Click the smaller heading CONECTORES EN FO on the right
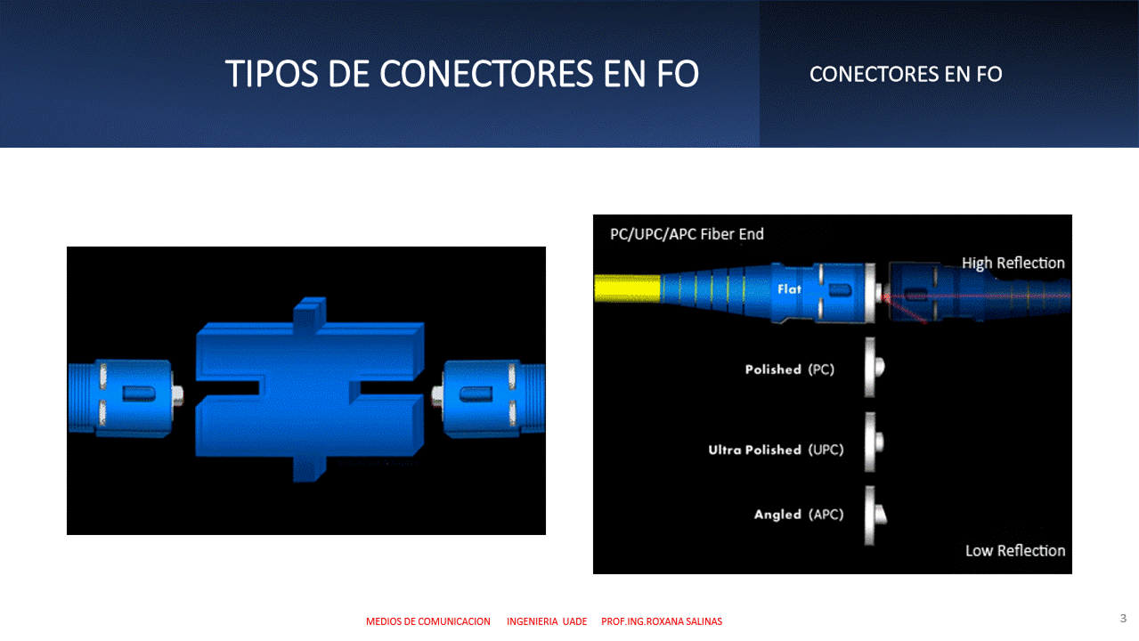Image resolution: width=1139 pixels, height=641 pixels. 906,74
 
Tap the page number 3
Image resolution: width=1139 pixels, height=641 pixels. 1123,618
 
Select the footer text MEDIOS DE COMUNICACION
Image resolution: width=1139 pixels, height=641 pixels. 428,621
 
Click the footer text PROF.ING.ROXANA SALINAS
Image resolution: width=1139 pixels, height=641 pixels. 662,621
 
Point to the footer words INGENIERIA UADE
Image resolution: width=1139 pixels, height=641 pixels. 547,621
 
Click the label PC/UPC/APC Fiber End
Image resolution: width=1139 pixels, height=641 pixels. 687,234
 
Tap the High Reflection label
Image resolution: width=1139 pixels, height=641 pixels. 1013,263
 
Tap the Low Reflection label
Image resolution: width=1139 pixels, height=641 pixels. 1015,550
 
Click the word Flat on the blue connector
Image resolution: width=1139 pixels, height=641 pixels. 789,289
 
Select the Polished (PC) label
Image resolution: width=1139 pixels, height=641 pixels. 790,369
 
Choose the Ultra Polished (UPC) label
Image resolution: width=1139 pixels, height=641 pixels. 776,450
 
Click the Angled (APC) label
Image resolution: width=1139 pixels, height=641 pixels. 799,515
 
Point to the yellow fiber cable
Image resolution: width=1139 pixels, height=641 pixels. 628,288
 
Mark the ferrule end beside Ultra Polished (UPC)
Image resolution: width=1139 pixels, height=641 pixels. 874,442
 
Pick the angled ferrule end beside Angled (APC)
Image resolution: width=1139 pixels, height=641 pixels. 875,515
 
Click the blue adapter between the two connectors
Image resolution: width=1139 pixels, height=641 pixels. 309,389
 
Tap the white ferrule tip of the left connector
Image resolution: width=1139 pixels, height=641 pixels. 178,394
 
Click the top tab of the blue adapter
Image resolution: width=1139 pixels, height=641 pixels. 309,311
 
